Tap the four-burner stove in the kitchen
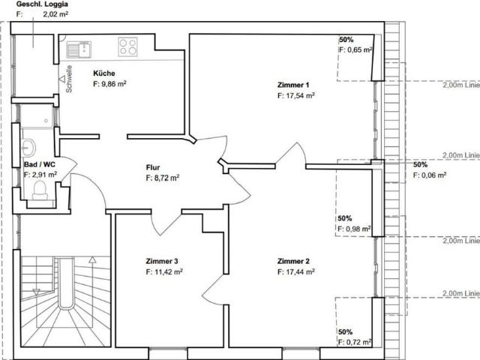pyautogui.click(x=128, y=47)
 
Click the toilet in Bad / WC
pyautogui.click(x=40, y=190)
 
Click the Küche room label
pyautogui.click(x=103, y=73)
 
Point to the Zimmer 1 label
pyautogui.click(x=292, y=85)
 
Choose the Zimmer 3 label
pyautogui.click(x=162, y=261)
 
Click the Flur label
pyautogui.click(x=154, y=168)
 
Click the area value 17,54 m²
pyautogui.click(x=298, y=96)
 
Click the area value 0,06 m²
pyautogui.click(x=433, y=175)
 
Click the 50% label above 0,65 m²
pyautogui.click(x=346, y=39)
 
